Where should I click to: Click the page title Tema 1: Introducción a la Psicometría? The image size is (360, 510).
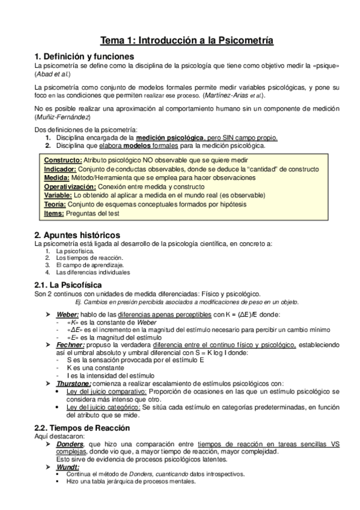point(186,41)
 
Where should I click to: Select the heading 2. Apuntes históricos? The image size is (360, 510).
point(77,234)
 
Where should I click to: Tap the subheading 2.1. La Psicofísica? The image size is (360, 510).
point(68,284)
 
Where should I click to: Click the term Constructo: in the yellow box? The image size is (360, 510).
point(63,160)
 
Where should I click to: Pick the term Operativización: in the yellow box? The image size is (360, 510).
point(70,187)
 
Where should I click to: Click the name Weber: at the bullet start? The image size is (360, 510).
point(67,314)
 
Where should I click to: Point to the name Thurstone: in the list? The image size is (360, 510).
point(74,383)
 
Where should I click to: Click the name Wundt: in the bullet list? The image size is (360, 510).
point(67,466)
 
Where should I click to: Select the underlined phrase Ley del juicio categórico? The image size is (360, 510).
point(102,407)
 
